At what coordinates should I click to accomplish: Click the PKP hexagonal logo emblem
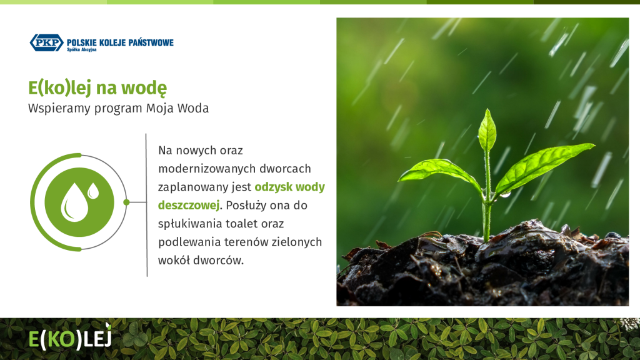click(46, 42)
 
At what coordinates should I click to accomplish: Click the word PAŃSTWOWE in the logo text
click(151, 42)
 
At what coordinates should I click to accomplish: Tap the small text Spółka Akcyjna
click(82, 50)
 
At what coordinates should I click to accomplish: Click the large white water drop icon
click(74, 202)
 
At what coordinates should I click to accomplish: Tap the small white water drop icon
click(94, 191)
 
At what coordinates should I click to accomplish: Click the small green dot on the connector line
click(126, 202)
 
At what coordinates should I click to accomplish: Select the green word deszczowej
click(189, 205)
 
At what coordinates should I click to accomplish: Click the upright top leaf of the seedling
click(487, 130)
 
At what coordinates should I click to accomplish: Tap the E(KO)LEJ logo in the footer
click(70, 337)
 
